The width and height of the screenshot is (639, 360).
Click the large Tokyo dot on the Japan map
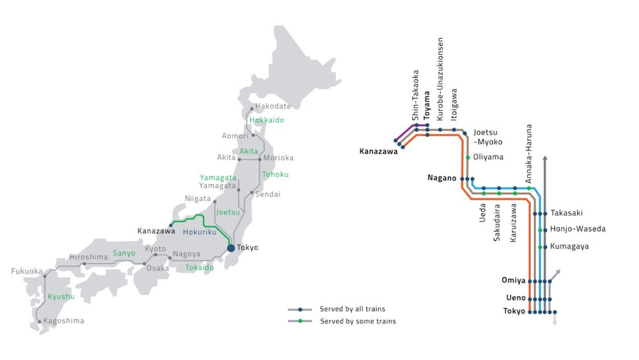coord(231,247)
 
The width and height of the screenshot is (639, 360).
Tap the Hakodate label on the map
coord(273,106)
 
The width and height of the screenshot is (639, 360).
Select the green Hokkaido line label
coord(266,120)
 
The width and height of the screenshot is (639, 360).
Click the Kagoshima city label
coord(63,321)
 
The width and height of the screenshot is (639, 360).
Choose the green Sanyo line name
coord(124,253)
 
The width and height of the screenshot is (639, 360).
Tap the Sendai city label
coord(268,193)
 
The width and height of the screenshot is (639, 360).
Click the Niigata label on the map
coord(197,199)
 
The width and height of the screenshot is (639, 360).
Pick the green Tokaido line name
coord(199,267)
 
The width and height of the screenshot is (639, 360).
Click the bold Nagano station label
coord(442,179)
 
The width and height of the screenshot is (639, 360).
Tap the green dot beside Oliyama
coord(468,157)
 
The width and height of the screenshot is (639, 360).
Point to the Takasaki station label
coord(567,213)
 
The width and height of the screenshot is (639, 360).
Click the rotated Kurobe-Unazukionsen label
coord(440,79)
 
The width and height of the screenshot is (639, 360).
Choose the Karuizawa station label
coord(514,224)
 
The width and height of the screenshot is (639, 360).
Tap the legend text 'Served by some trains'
coord(358,321)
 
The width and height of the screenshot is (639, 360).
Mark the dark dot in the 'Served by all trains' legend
coord(300,309)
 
